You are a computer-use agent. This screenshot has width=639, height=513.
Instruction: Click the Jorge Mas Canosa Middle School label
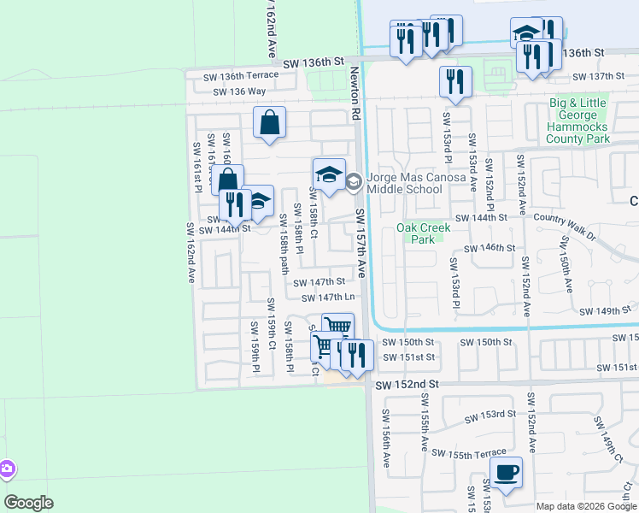(415, 182)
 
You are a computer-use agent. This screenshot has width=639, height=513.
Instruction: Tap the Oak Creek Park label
(416, 233)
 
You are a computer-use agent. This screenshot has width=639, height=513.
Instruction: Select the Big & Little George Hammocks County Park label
(578, 121)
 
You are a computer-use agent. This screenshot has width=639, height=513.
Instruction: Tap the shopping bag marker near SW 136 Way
(269, 122)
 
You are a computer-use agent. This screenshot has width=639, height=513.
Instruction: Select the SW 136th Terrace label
(235, 76)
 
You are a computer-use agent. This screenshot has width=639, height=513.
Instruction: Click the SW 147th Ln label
(328, 298)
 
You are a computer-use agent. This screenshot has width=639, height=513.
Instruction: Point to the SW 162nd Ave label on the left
(190, 254)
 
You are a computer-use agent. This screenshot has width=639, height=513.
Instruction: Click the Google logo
(29, 502)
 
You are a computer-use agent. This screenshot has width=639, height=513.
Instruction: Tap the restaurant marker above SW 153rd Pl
(455, 82)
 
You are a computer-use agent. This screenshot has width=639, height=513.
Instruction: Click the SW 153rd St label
(490, 416)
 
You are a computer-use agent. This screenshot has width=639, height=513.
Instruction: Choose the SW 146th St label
(486, 247)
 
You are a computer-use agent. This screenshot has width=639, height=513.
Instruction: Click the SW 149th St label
(604, 312)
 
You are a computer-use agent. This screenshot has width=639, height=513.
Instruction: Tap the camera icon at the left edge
(6, 469)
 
